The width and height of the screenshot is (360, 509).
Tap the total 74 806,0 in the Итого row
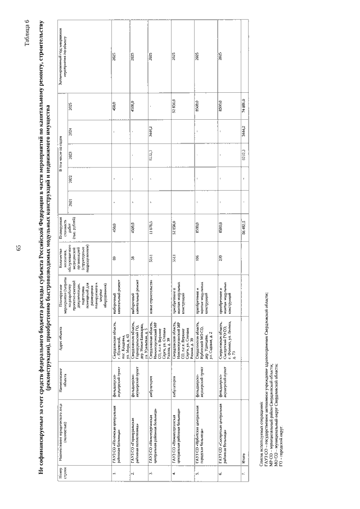[246, 105]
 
